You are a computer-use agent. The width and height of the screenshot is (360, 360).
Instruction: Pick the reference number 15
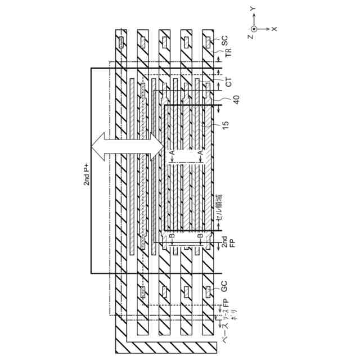(225, 135)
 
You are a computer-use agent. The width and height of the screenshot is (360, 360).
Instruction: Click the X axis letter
(274, 28)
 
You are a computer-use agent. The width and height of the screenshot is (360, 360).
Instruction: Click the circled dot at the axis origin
(254, 28)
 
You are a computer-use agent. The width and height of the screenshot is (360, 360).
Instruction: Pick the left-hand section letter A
(171, 152)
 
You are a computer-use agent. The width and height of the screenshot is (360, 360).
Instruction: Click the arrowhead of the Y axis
(254, 17)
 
